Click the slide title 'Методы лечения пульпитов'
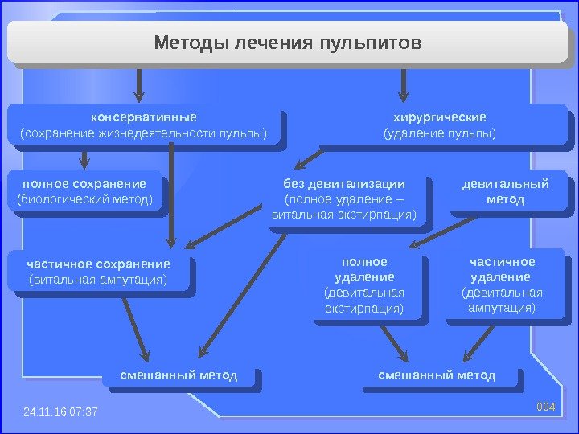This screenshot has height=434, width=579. (x=287, y=41)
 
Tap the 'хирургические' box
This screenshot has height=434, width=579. (x=439, y=125)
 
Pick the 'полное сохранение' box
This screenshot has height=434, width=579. (x=84, y=191)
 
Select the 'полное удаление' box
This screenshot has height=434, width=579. (x=364, y=285)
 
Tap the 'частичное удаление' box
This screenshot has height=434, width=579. (x=502, y=285)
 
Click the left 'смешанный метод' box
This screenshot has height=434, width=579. (x=179, y=375)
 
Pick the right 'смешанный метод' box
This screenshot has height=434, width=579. (x=437, y=375)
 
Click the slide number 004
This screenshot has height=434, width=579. (x=546, y=407)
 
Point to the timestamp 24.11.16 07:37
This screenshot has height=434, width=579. (x=60, y=411)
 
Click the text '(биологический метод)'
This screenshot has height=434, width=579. (x=84, y=199)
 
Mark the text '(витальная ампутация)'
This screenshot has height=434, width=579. (x=98, y=280)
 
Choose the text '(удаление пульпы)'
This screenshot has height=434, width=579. (x=439, y=133)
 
